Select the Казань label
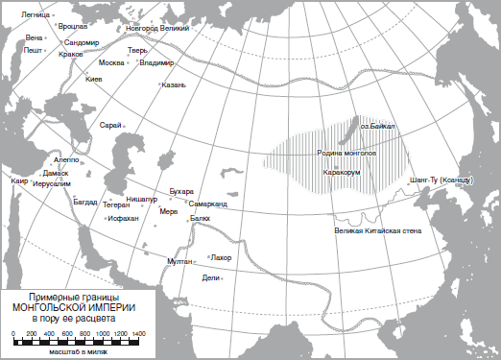[x=173, y=84]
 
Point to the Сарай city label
[x=110, y=125]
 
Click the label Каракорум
[x=341, y=173]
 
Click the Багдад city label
[x=85, y=202]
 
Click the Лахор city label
[x=222, y=257]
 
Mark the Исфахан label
[x=123, y=219]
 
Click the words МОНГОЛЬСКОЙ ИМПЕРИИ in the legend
[x=75, y=306]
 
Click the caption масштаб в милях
[x=74, y=352]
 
